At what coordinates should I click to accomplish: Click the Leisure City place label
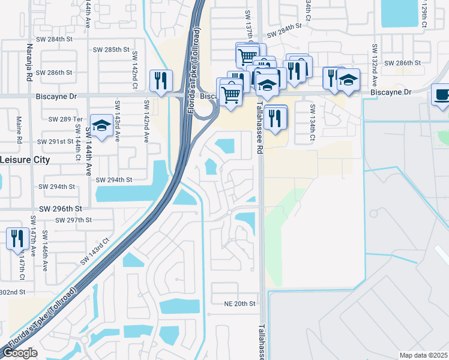click(25, 160)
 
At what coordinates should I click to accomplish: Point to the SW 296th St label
click(59, 208)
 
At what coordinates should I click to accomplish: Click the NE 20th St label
click(240, 304)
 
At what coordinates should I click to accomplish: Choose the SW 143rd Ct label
click(95, 251)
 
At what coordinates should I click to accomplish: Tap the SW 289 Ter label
click(68, 119)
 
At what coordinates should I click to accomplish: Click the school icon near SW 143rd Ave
click(101, 127)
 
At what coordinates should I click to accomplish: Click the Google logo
click(20, 353)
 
